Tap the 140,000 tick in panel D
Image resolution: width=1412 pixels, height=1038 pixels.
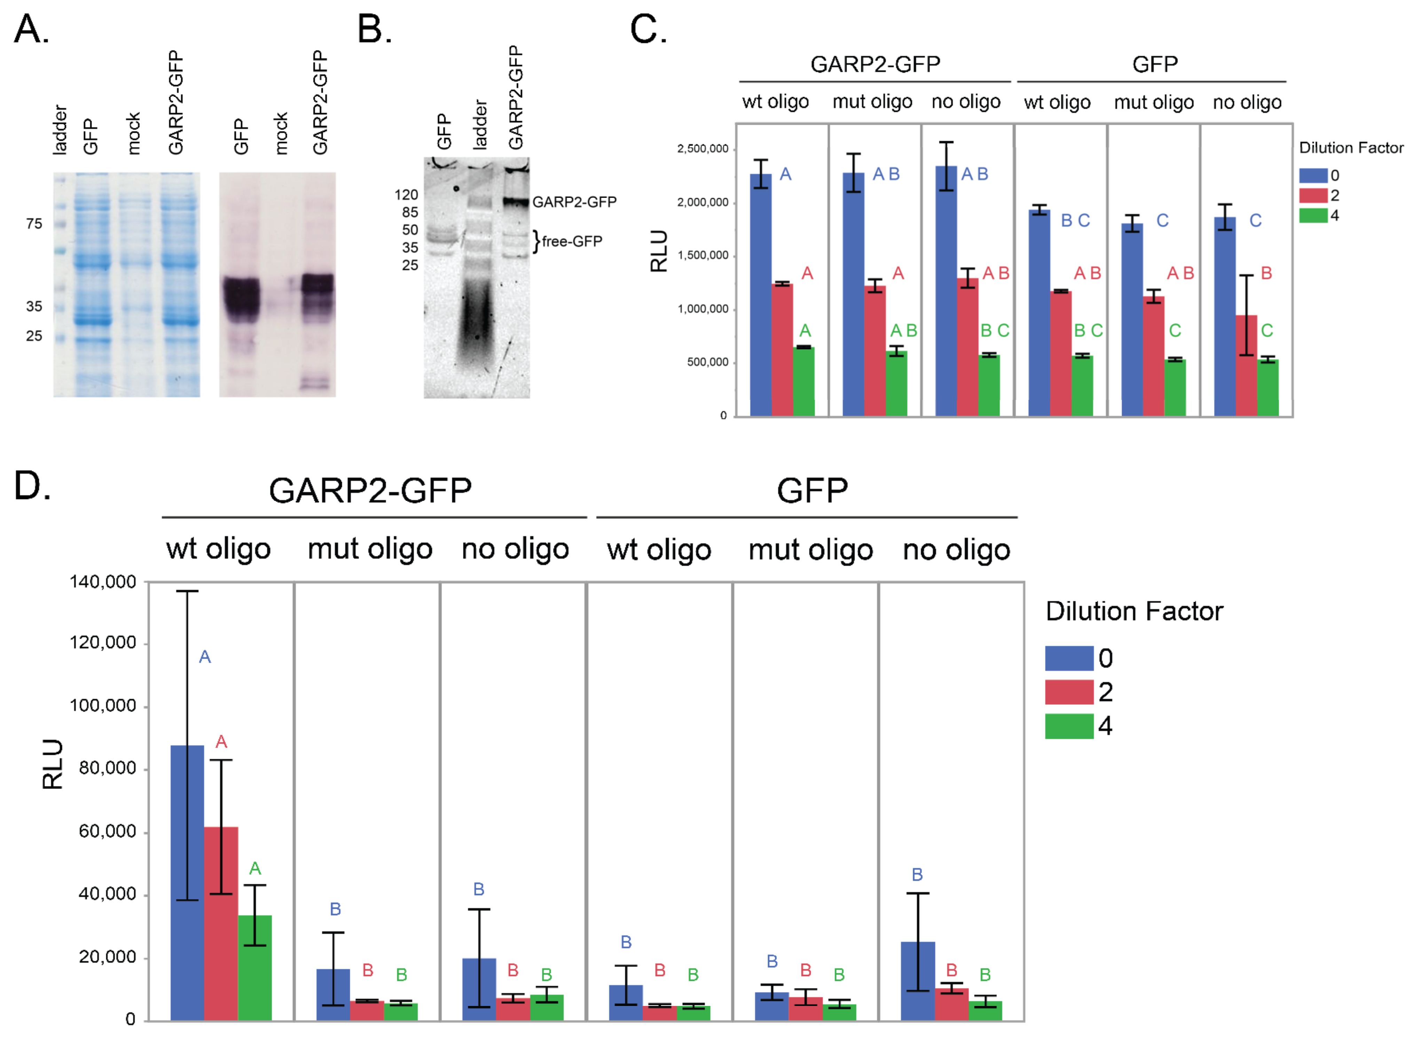click(102, 582)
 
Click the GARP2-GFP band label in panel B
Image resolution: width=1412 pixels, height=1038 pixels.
click(574, 202)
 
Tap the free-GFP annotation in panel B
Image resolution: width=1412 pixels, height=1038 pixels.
click(571, 241)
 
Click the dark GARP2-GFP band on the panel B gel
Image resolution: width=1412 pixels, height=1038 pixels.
click(516, 202)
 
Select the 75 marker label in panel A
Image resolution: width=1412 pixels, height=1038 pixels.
click(34, 224)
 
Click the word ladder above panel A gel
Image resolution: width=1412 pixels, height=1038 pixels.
click(60, 130)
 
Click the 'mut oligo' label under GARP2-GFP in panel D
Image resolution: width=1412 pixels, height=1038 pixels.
click(370, 549)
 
